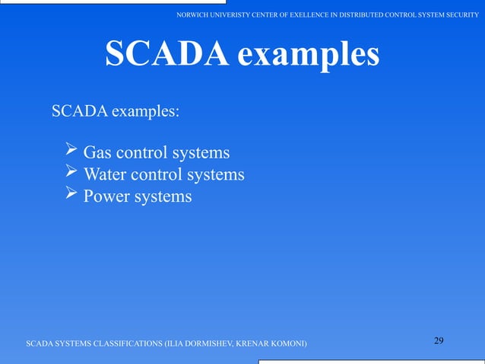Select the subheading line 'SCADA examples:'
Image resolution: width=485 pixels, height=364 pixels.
tap(115, 111)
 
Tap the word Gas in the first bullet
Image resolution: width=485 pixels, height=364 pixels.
tap(97, 153)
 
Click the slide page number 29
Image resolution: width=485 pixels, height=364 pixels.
tap(439, 340)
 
